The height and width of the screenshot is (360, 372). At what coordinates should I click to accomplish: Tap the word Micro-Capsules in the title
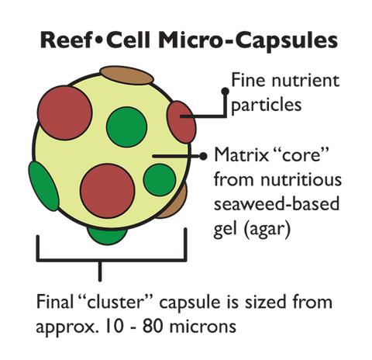coord(248,41)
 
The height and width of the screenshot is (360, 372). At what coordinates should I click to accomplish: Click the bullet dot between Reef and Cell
coord(99,41)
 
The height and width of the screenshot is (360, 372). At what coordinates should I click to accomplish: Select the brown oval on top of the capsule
coord(127,75)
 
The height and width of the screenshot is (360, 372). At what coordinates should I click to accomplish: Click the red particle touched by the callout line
coord(181,122)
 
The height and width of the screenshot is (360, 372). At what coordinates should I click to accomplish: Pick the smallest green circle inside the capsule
coord(160,180)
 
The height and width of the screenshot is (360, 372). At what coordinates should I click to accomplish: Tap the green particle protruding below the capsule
coord(107,235)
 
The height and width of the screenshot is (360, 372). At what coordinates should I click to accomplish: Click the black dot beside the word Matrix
coord(203,156)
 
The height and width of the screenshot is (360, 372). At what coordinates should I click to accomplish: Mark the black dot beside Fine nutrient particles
coord(226,91)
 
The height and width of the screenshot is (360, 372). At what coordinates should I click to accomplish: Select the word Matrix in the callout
coord(242,155)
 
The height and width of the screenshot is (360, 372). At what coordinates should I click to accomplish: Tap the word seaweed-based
coord(277,203)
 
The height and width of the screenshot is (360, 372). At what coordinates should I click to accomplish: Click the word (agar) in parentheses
coord(267,229)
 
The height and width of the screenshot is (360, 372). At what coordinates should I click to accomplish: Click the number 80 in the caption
coord(153,327)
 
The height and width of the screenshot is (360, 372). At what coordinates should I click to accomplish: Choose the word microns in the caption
coord(203,327)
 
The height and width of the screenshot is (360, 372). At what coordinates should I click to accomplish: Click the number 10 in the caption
coord(115,327)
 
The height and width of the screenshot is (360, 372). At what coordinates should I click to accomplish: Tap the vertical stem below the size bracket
coord(100,271)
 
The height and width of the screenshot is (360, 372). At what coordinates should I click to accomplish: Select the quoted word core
coord(301,155)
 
